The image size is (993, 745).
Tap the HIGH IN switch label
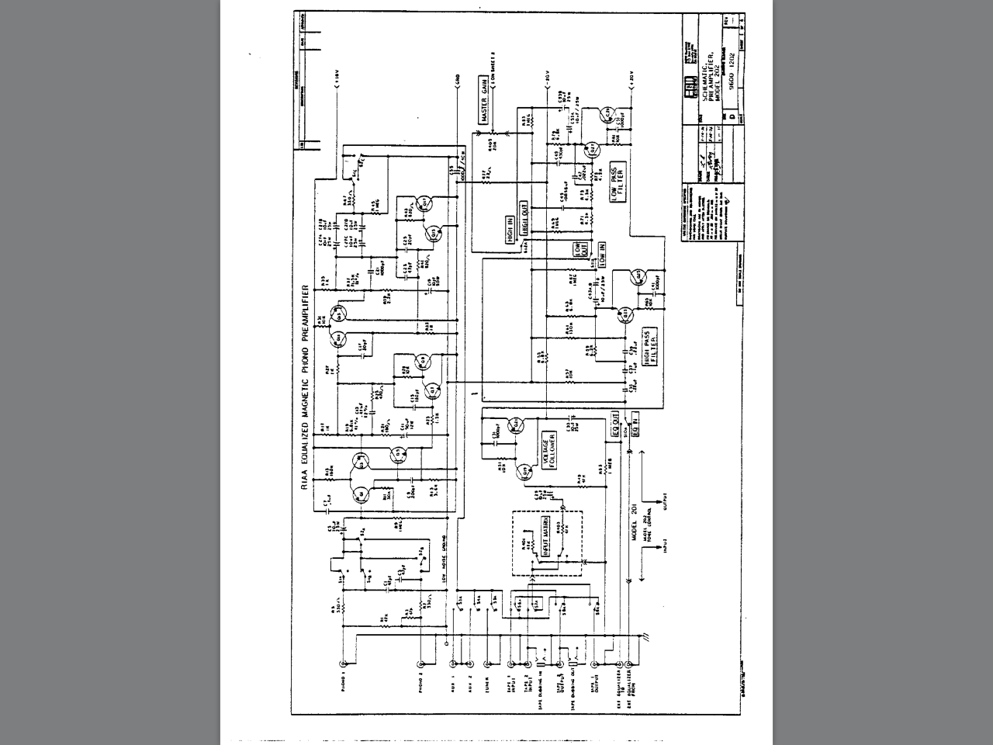(510, 231)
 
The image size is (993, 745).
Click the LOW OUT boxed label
(578, 249)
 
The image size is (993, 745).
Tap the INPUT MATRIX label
(545, 536)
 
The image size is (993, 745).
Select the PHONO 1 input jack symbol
(344, 664)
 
